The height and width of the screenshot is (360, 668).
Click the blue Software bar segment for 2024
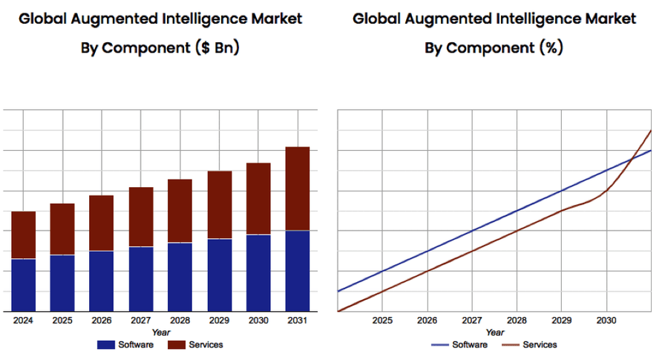click(x=24, y=285)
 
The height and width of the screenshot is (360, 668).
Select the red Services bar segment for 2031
click(x=298, y=189)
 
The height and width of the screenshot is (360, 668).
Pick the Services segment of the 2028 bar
click(x=180, y=211)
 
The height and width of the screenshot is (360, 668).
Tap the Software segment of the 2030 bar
click(x=258, y=272)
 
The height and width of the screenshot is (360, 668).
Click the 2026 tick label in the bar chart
click(x=102, y=320)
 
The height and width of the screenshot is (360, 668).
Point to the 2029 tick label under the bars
click(x=219, y=320)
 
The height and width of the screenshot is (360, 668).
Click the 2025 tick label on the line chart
click(x=382, y=320)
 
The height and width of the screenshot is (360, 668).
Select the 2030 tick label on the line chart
click(x=606, y=320)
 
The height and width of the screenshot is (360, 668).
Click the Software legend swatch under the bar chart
click(x=106, y=344)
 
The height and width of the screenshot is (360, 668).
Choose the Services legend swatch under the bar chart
click(x=176, y=344)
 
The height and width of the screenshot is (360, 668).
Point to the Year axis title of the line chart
click(x=495, y=332)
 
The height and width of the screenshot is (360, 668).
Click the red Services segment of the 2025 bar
click(x=62, y=229)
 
